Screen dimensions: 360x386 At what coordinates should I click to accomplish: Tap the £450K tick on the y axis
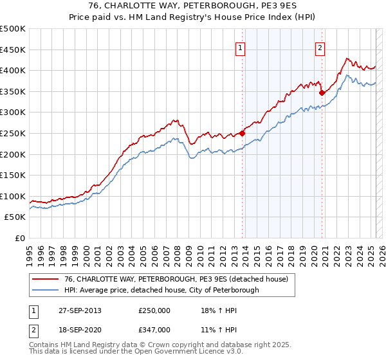point(13,50)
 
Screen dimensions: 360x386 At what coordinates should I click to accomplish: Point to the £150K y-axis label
point(13,175)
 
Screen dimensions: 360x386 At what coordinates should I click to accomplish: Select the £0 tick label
point(20,238)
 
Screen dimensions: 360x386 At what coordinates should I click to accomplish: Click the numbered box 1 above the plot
point(240,47)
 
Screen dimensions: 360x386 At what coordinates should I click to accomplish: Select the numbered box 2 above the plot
point(320,47)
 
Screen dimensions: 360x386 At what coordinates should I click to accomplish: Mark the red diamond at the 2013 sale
point(243,133)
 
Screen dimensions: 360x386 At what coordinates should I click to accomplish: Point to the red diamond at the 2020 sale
point(322,93)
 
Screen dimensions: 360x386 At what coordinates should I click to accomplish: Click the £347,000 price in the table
point(154,330)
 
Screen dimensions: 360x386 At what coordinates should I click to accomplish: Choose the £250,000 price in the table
point(154,311)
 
